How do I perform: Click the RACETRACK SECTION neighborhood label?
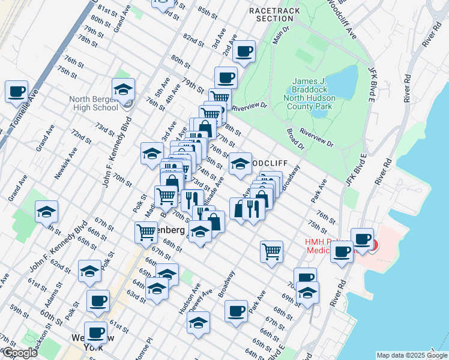(x=274, y=14)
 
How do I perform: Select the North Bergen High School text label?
(x=93, y=103)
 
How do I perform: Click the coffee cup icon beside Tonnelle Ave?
(x=17, y=92)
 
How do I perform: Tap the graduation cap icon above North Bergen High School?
(x=123, y=89)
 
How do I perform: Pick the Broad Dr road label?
(x=296, y=140)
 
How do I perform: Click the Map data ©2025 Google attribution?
(x=411, y=355)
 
